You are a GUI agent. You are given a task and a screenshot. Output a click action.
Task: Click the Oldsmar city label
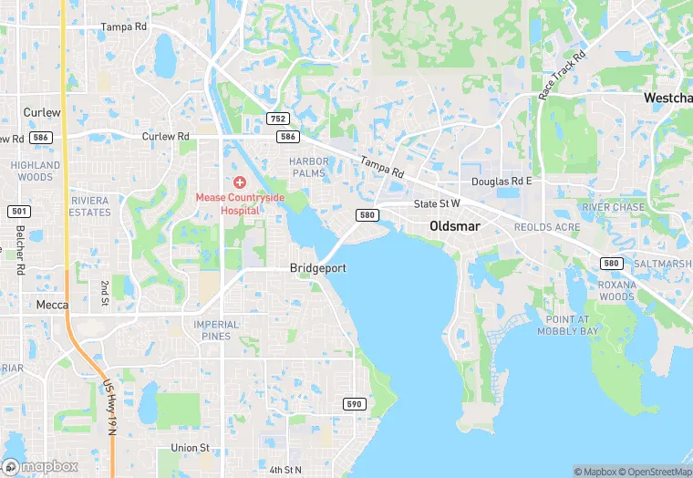(x=456, y=226)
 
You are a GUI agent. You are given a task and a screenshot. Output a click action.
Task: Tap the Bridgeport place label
(x=318, y=268)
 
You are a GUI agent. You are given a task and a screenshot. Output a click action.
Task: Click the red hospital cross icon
(x=240, y=183)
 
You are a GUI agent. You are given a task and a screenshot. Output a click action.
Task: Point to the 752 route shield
(x=278, y=119)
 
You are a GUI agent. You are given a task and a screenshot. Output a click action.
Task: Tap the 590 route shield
(x=355, y=404)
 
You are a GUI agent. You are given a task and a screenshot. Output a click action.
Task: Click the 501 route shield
(x=18, y=212)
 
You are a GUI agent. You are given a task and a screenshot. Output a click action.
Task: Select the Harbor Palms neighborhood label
(x=308, y=167)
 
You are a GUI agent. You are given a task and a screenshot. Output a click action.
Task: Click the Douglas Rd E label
(x=501, y=182)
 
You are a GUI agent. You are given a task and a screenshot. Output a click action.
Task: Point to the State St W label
(x=438, y=203)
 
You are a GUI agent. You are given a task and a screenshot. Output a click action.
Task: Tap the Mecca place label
(x=51, y=305)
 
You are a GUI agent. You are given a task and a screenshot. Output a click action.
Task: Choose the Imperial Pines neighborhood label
(x=216, y=330)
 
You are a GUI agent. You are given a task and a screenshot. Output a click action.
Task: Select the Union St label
(x=191, y=448)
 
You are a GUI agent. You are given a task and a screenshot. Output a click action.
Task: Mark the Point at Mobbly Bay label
(x=573, y=325)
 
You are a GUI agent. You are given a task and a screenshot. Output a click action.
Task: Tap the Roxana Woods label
(x=616, y=291)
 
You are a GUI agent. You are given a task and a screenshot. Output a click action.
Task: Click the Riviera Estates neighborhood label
(x=89, y=206)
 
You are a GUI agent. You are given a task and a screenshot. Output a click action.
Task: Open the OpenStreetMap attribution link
(x=655, y=472)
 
